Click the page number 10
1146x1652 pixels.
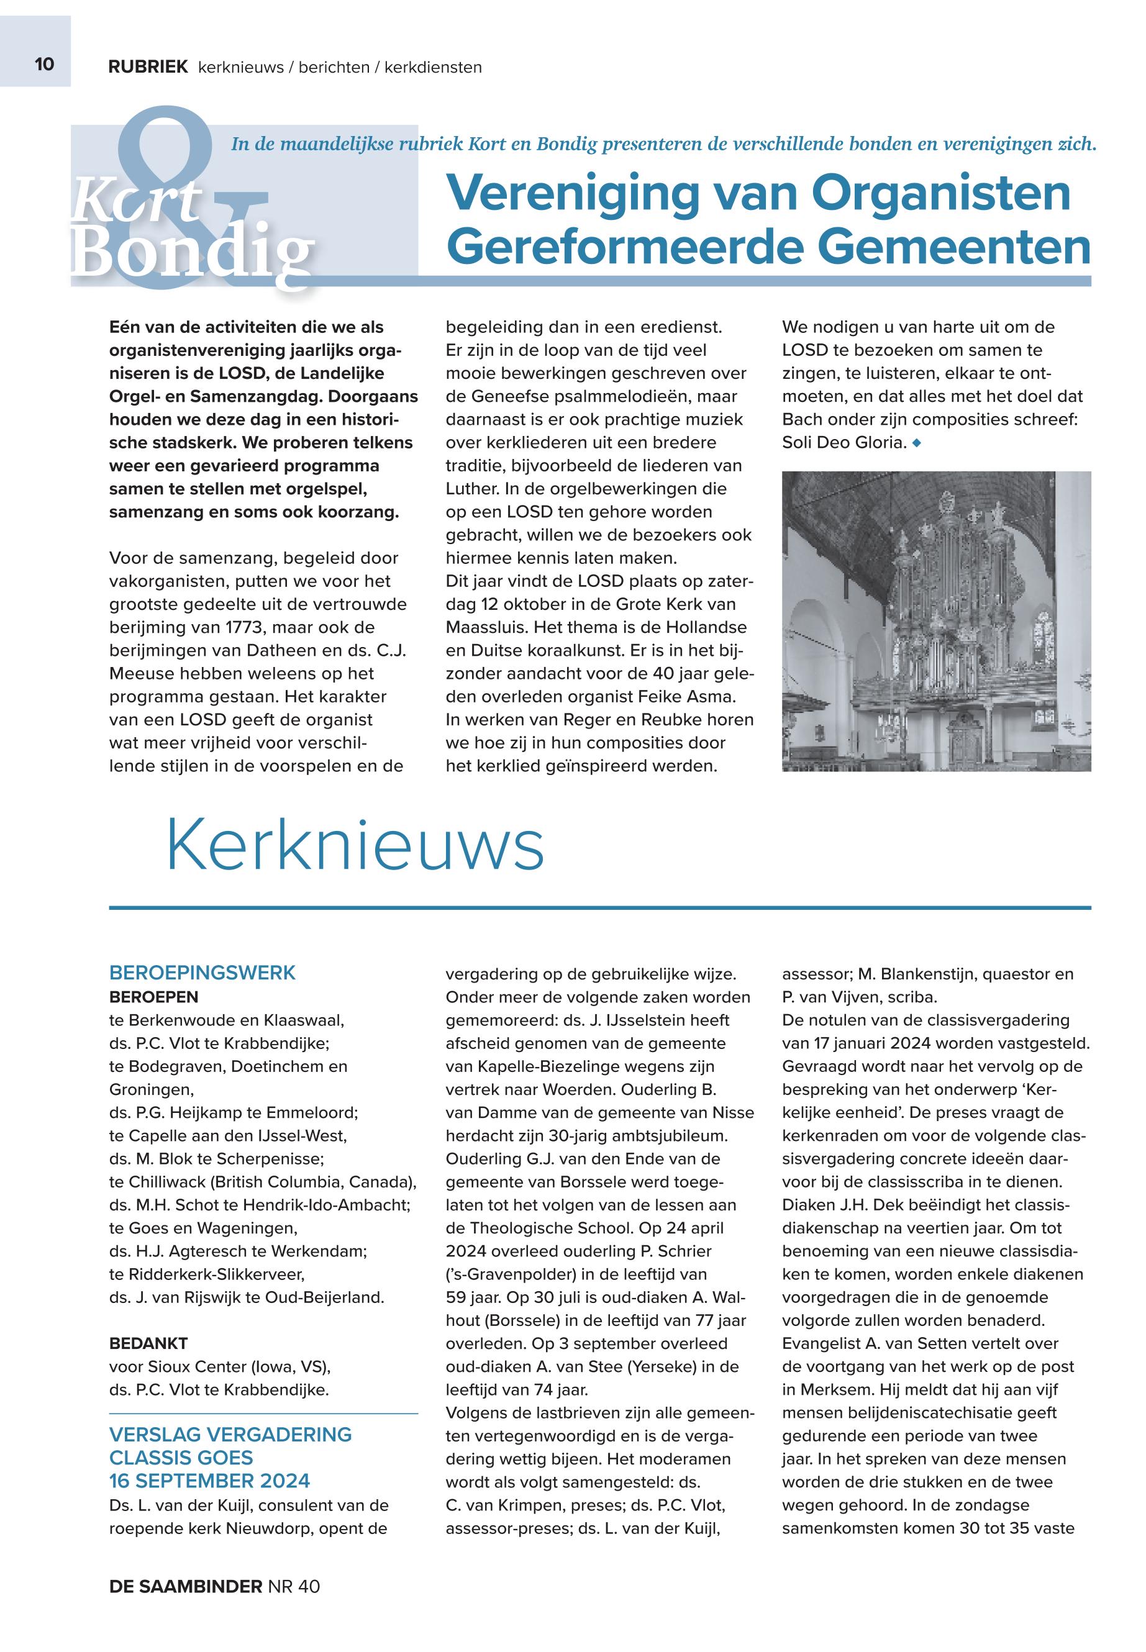pyautogui.click(x=44, y=65)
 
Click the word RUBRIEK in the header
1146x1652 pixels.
pyautogui.click(x=148, y=68)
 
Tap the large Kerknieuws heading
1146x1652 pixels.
pyautogui.click(x=355, y=847)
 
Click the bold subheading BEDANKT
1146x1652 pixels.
pyautogui.click(x=148, y=1343)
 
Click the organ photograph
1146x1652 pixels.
pyautogui.click(x=935, y=621)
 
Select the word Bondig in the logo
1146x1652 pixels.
pyautogui.click(x=193, y=253)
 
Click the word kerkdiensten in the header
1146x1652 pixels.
pyautogui.click(x=433, y=68)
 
